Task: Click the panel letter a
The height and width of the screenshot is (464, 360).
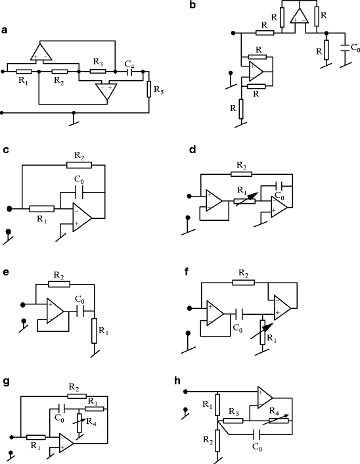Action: [5, 30]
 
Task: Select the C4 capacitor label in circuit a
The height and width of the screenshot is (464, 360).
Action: [129, 63]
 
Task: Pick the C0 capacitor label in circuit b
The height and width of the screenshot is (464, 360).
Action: [355, 48]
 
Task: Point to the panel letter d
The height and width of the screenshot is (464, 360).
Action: [192, 151]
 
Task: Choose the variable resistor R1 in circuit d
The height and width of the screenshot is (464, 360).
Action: [244, 198]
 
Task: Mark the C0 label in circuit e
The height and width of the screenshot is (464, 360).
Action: [79, 300]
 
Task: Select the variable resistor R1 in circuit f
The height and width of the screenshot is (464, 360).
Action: [263, 333]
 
